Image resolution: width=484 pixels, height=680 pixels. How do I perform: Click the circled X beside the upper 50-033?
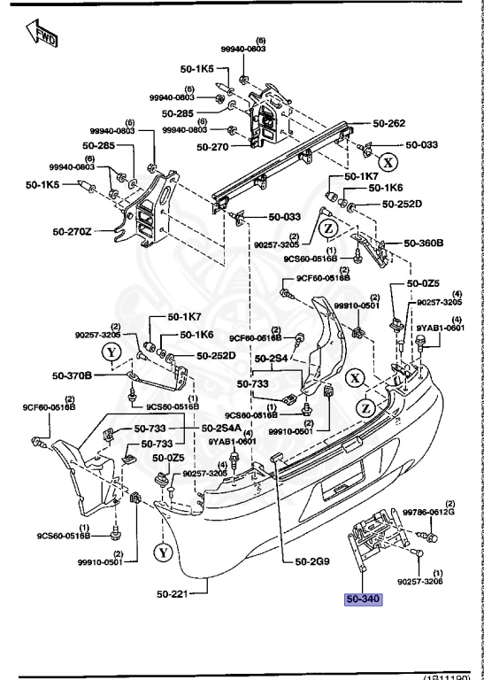coord(387,162)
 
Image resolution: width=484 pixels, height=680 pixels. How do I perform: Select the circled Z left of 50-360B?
coord(328,228)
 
